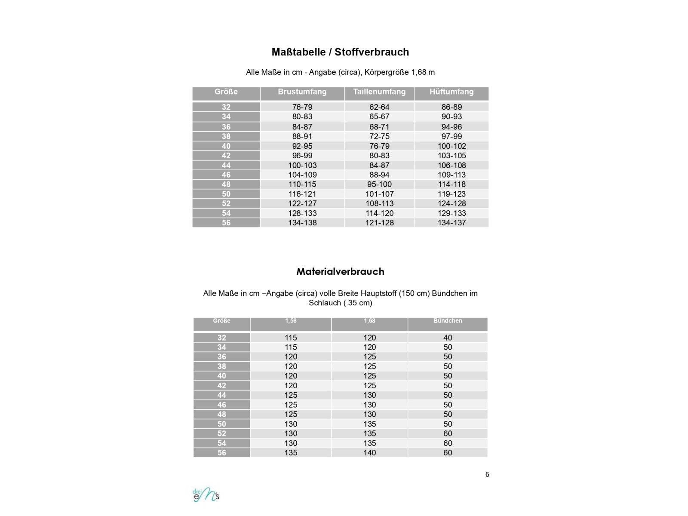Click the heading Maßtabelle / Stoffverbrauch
340,52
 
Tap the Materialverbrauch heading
340,271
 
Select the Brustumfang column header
302,92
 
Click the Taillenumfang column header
379,92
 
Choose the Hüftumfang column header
451,92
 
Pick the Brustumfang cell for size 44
302,165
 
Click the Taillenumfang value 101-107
379,194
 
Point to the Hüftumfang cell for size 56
451,223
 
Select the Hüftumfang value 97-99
451,136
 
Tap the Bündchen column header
448,321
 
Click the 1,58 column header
291,321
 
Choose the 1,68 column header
369,321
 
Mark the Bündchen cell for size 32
448,338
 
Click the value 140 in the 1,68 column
369,452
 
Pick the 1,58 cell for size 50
291,424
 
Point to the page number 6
487,474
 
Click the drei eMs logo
206,495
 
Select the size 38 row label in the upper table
226,136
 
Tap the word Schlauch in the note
325,303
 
